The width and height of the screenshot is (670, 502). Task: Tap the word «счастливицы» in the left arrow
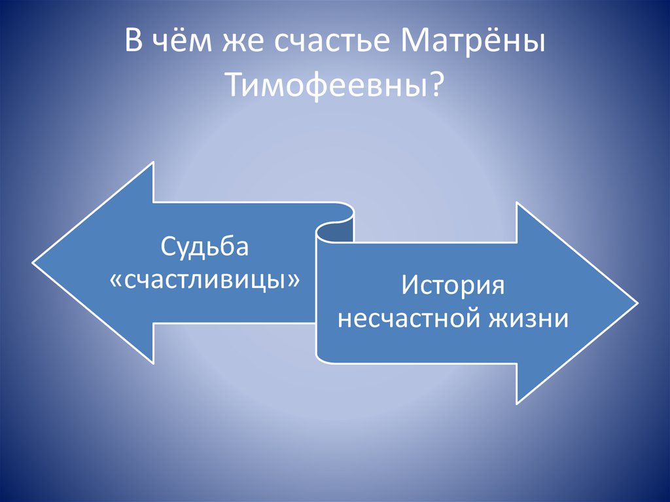pos(205,281)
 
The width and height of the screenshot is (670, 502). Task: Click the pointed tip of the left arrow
pos(33,263)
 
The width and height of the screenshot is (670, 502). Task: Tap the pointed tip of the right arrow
pos(637,303)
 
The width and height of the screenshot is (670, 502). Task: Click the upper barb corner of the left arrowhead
pos(153,163)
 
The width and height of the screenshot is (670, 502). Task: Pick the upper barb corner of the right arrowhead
pos(517,203)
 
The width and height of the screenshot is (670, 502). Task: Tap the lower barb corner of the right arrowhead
pos(517,403)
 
